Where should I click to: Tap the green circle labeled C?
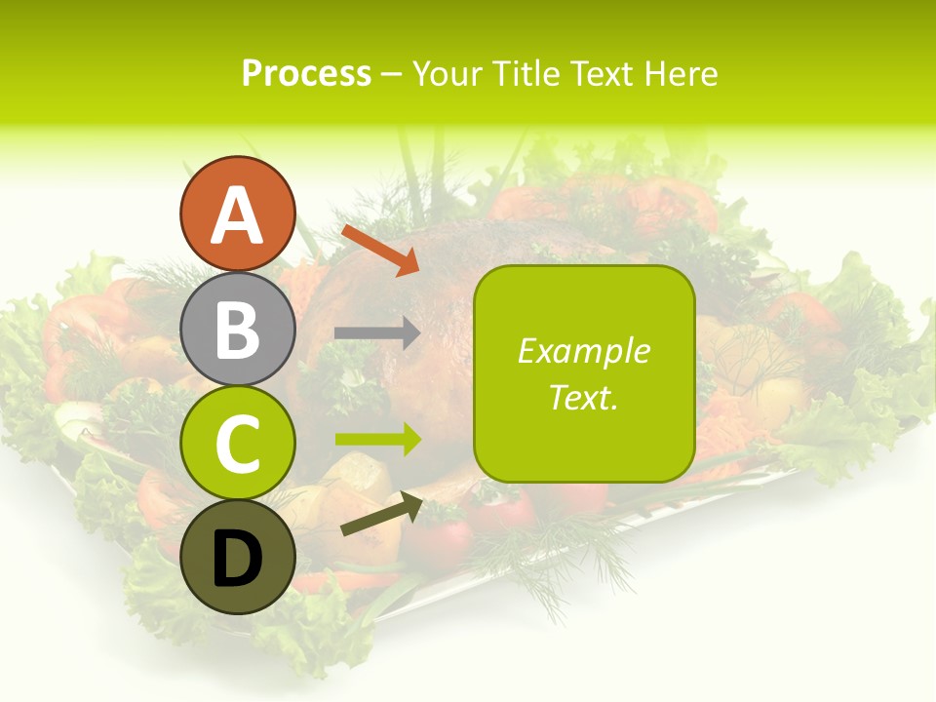pyautogui.click(x=238, y=444)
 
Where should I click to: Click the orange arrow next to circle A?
pyautogui.click(x=380, y=250)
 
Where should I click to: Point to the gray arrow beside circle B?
pyautogui.click(x=377, y=333)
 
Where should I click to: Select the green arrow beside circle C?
pyautogui.click(x=377, y=439)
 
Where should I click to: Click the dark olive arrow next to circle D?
pyautogui.click(x=381, y=514)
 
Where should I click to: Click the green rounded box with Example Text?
pyautogui.click(x=584, y=373)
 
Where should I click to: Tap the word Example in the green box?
pyautogui.click(x=584, y=351)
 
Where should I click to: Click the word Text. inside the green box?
pyautogui.click(x=584, y=398)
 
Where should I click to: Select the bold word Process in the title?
pyautogui.click(x=306, y=73)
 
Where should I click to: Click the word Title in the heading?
pyautogui.click(x=527, y=73)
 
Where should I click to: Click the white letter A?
pyautogui.click(x=238, y=215)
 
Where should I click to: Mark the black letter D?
pyautogui.click(x=238, y=560)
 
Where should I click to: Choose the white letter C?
pyautogui.click(x=238, y=444)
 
